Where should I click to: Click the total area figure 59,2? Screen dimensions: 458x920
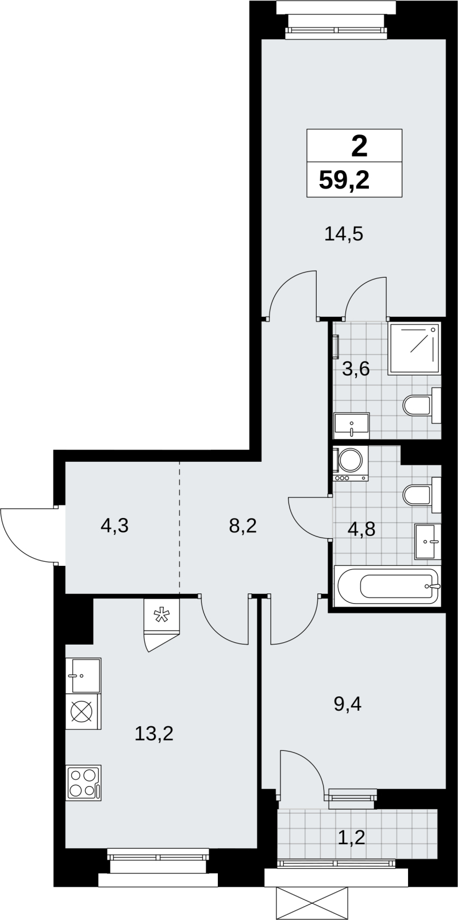point(344,180)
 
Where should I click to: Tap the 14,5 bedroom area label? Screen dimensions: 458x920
point(344,235)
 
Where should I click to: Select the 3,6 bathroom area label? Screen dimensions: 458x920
point(356,369)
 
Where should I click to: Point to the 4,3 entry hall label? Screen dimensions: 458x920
point(114,526)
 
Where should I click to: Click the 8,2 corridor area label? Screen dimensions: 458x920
point(243,526)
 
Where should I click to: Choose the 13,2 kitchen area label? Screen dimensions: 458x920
point(154,734)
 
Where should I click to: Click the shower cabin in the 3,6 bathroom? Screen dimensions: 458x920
point(414,348)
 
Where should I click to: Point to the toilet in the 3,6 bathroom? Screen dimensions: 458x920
point(422,405)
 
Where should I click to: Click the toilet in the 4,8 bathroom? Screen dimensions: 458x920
point(422,495)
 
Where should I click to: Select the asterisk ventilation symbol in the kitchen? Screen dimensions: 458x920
point(161,616)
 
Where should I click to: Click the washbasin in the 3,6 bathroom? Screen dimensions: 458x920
point(352,425)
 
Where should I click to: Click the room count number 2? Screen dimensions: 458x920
point(360,147)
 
